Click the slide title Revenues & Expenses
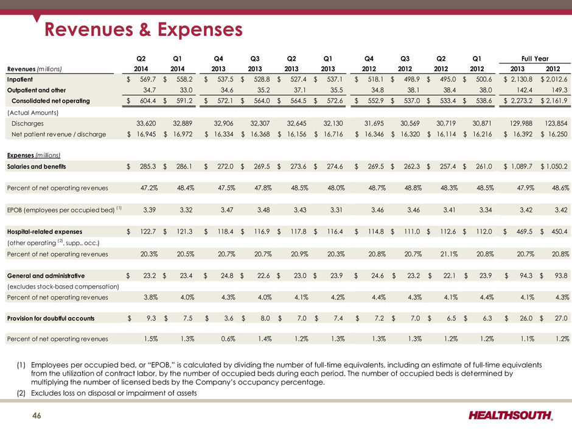[x=144, y=29]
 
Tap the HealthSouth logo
[x=511, y=415]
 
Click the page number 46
[x=37, y=416]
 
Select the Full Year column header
[x=535, y=58]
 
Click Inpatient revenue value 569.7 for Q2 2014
[x=148, y=79]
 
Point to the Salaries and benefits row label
[x=37, y=166]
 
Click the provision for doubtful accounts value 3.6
[x=229, y=318]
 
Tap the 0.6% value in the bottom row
[x=228, y=338]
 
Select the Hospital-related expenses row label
[x=44, y=232]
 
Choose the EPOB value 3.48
[x=263, y=210]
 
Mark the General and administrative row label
[x=46, y=276]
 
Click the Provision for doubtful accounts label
[x=51, y=318]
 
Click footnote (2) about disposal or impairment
[x=106, y=393]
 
